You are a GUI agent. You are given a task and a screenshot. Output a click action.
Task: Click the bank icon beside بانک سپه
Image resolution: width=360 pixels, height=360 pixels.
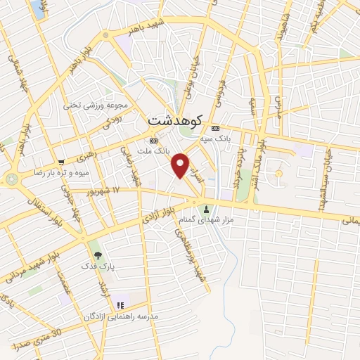coord(214,128)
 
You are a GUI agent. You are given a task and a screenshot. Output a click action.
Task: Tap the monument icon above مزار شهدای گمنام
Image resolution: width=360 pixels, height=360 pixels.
coord(206,209)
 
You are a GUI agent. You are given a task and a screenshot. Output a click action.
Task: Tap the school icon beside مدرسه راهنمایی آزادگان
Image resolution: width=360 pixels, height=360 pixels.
coord(120,305)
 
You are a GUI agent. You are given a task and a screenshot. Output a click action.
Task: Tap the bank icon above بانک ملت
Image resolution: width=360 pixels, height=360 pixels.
coord(153,139)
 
